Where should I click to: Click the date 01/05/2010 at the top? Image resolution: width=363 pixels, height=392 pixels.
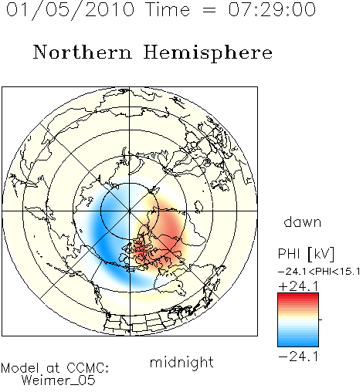pyautogui.click(x=70, y=10)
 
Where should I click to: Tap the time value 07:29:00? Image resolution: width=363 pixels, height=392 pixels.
pyautogui.click(x=272, y=10)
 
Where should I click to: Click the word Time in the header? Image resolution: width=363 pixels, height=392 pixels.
pyautogui.click(x=168, y=10)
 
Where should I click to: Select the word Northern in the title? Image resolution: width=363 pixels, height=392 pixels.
pyautogui.click(x=83, y=52)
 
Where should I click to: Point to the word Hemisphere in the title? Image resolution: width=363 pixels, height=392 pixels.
pyautogui.click(x=208, y=53)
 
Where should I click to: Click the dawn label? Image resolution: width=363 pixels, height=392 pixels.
pyautogui.click(x=303, y=221)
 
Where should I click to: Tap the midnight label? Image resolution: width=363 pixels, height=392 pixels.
pyautogui.click(x=181, y=362)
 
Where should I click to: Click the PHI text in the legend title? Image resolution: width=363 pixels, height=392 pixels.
pyautogui.click(x=289, y=254)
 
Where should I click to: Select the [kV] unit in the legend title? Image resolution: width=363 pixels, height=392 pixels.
pyautogui.click(x=321, y=254)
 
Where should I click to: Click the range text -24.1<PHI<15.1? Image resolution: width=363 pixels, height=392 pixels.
pyautogui.click(x=319, y=272)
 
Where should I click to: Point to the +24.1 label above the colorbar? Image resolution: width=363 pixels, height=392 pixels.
pyautogui.click(x=299, y=286)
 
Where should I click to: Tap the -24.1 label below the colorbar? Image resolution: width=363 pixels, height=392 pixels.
pyautogui.click(x=299, y=357)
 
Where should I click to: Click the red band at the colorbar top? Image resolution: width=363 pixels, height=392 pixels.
pyautogui.click(x=298, y=296)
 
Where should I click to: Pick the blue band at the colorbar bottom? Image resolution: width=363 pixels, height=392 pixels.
pyautogui.click(x=298, y=343)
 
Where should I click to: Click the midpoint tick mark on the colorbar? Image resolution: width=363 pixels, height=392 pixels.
pyautogui.click(x=321, y=319)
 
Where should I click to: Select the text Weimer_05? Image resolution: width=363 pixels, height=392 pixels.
pyautogui.click(x=58, y=380)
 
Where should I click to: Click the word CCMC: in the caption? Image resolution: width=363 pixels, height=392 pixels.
pyautogui.click(x=87, y=368)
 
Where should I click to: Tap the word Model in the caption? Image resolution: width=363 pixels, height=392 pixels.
pyautogui.click(x=20, y=368)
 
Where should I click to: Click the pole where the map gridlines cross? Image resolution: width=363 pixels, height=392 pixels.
pyautogui.click(x=130, y=211)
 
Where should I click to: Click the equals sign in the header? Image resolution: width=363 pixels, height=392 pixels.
pyautogui.click(x=209, y=10)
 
